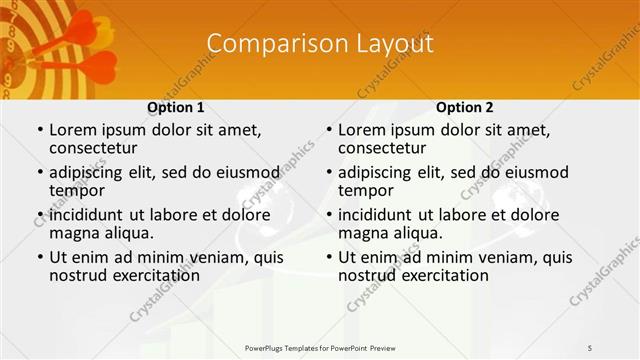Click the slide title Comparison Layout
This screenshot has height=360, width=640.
(320, 44)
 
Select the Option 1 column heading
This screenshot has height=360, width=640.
(176, 107)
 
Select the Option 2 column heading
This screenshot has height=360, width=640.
(465, 107)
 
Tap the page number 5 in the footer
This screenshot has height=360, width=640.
(590, 347)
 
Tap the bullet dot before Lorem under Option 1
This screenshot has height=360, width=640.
(40, 130)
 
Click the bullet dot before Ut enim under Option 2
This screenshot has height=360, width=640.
(329, 257)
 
